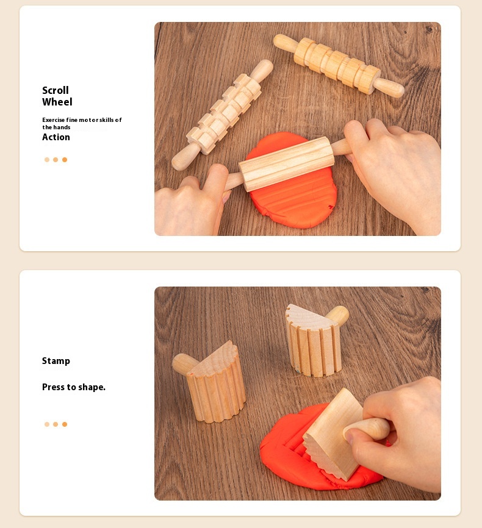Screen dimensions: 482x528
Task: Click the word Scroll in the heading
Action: (x=56, y=90)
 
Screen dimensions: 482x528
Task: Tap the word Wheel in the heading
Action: (x=57, y=102)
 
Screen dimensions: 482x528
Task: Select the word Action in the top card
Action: (x=56, y=137)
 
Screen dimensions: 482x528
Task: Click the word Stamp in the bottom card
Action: (x=56, y=361)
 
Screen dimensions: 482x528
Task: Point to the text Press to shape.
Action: (x=74, y=387)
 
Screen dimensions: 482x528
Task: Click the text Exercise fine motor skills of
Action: (x=82, y=120)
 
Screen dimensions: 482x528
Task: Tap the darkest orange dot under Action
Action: (x=65, y=160)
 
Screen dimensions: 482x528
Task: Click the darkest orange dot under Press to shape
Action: (x=65, y=424)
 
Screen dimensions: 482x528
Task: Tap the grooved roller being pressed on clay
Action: (x=287, y=164)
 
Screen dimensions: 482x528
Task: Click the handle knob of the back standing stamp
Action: (x=338, y=315)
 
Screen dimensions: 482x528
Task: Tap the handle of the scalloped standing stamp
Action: (x=184, y=363)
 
